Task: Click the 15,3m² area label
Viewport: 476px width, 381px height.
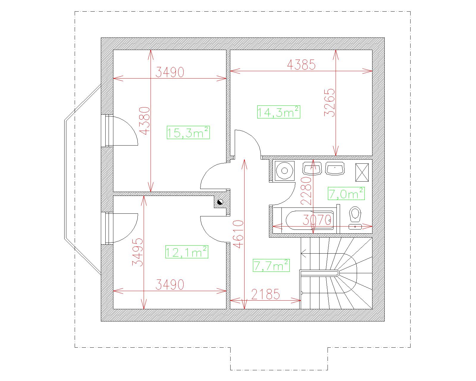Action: (188, 133)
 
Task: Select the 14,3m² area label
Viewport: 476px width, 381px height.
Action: (278, 112)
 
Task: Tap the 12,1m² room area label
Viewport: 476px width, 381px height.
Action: (187, 252)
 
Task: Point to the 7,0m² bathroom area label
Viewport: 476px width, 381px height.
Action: (346, 194)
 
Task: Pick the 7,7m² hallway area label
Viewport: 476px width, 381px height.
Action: (271, 266)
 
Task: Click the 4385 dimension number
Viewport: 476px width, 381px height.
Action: (301, 65)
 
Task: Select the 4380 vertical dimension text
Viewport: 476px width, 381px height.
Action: (145, 121)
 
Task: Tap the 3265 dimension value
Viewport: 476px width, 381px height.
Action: (330, 103)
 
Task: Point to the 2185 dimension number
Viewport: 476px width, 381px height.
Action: (266, 294)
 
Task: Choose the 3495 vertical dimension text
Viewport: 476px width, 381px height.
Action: (137, 252)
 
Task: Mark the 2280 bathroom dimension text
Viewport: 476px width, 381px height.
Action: (306, 191)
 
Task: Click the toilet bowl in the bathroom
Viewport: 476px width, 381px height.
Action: (355, 214)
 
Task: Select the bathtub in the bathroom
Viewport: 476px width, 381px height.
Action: (310, 221)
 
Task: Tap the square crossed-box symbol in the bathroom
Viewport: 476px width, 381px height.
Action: (362, 172)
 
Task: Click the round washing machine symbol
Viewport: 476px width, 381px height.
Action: (285, 171)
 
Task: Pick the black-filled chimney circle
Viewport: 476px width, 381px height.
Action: (220, 202)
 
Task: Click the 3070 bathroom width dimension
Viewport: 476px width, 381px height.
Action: (317, 220)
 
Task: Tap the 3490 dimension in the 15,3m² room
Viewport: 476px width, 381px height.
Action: (170, 72)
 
